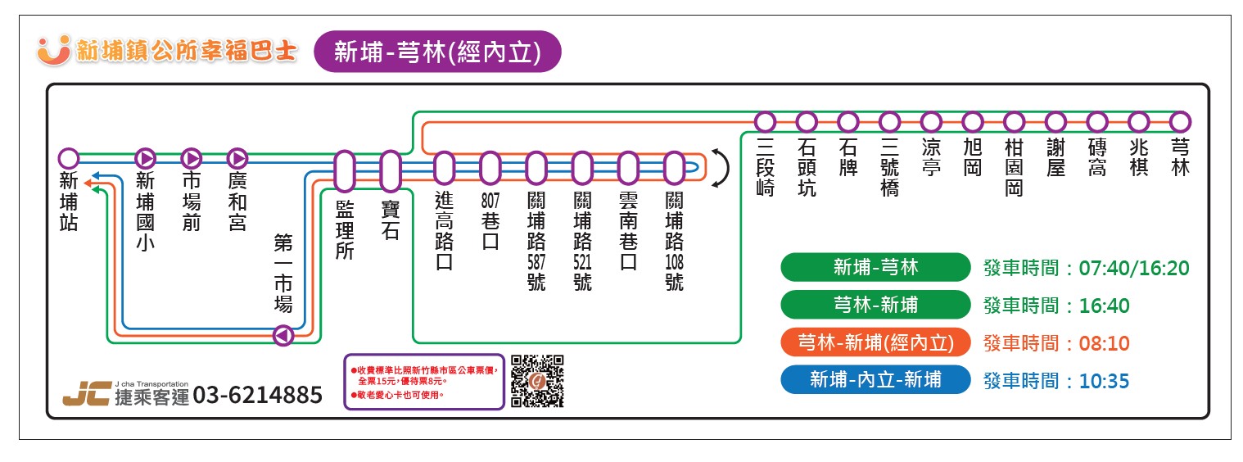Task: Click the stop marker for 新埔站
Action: click(70, 157)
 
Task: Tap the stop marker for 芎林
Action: click(1180, 122)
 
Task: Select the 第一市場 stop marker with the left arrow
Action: click(283, 335)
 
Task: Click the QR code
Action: click(537, 381)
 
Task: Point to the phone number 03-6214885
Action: click(258, 396)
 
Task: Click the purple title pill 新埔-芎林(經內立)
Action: click(437, 52)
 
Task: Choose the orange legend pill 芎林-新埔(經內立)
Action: click(875, 342)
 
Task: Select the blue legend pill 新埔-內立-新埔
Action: click(875, 380)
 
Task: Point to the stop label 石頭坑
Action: click(807, 167)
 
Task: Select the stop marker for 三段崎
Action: click(765, 122)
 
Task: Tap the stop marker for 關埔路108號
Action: click(674, 168)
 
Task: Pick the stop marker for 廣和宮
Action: click(237, 157)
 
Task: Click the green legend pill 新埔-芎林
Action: click(875, 267)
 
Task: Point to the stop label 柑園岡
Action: click(1014, 167)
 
